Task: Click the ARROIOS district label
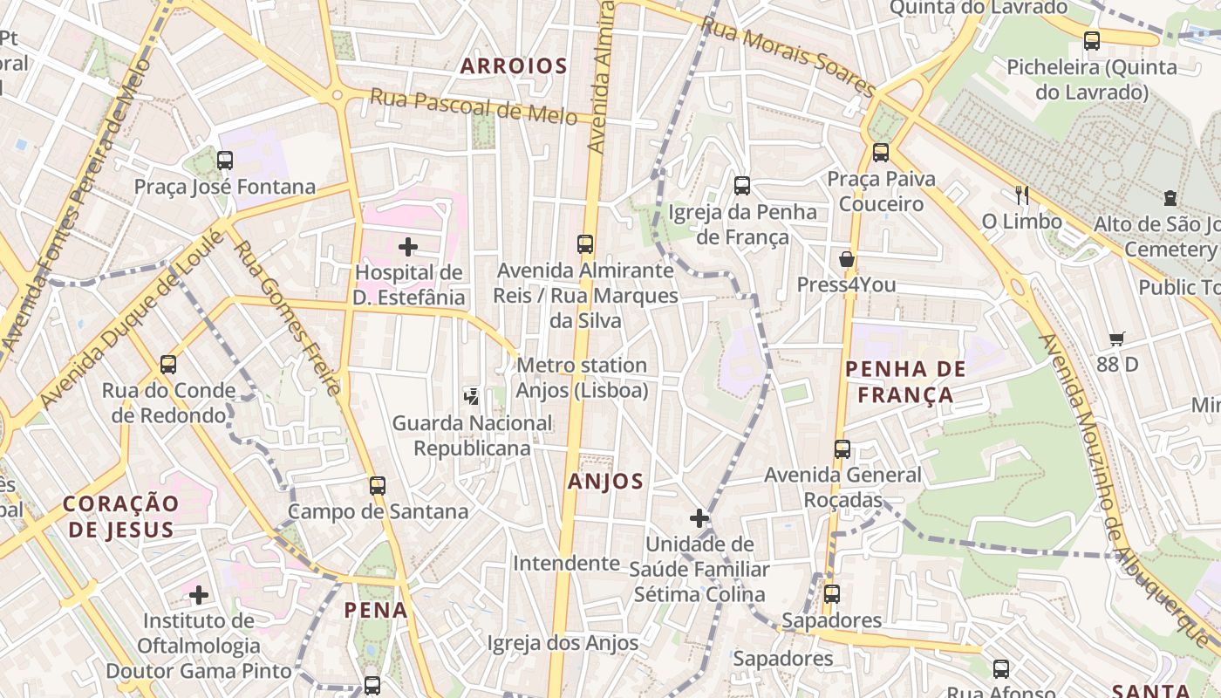514,66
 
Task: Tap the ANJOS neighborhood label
605,482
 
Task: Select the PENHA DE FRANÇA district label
905,381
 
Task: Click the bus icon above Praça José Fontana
225,161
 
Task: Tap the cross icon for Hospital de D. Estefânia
408,247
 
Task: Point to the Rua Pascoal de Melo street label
473,106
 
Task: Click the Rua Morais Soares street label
788,58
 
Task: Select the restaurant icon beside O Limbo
1022,195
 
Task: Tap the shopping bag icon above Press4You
846,259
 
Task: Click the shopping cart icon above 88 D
1117,339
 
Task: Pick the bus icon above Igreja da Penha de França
742,186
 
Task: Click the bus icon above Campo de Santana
378,486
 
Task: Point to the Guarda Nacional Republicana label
472,435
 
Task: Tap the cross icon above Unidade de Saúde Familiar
699,519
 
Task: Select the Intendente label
566,564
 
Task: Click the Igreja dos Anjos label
563,643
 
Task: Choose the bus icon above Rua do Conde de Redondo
168,365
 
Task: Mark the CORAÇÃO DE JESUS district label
121,516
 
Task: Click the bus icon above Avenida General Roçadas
842,449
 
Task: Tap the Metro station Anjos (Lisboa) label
582,377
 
